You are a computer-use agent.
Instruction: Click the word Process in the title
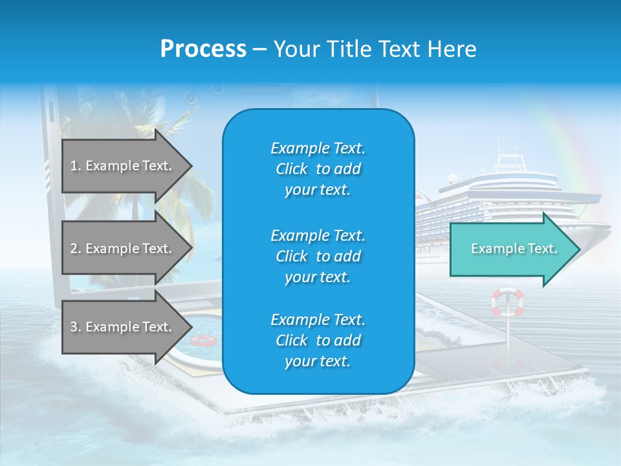click(x=203, y=49)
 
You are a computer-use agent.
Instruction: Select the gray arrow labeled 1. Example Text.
click(x=123, y=166)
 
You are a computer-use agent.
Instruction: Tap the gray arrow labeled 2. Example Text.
click(x=123, y=249)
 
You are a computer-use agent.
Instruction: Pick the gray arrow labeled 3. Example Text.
click(x=123, y=327)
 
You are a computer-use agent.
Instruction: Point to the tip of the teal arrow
click(x=579, y=249)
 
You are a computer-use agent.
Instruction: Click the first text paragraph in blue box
click(x=318, y=169)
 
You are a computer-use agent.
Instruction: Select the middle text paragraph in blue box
click(x=318, y=256)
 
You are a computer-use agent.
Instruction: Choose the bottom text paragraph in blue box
click(x=318, y=340)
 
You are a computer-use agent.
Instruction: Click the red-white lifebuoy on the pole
click(x=508, y=302)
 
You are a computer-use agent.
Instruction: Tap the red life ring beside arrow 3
click(x=203, y=340)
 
